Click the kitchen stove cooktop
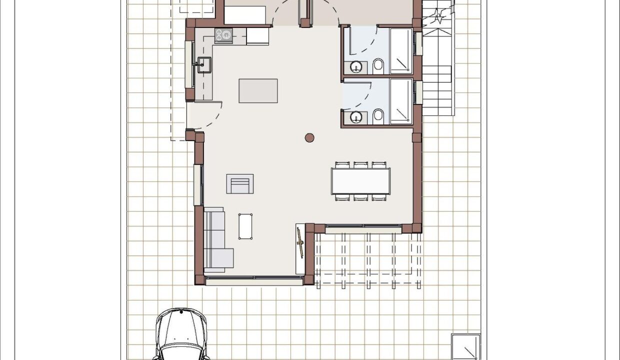coord(224,34)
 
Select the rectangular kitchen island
coord(258,90)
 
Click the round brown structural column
coord(310,137)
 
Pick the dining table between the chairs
coord(360,181)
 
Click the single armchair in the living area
coord(240,184)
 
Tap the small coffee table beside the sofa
coord(245,226)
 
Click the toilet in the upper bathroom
coord(378,65)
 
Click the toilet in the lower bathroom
coord(378,116)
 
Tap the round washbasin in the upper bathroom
coord(356,66)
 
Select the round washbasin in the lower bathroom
coord(356,117)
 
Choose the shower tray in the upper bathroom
coord(400,51)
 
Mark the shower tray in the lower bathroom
coord(400,101)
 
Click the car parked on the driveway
coord(181,335)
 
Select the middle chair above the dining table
coord(360,164)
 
